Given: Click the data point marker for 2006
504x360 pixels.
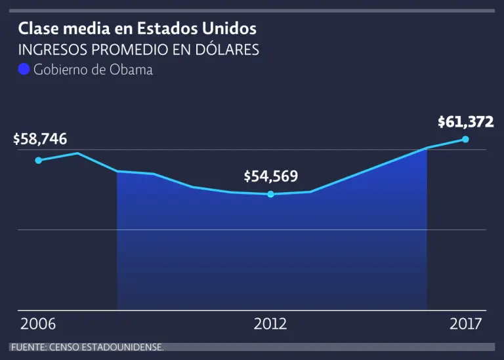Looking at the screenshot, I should [x=39, y=160].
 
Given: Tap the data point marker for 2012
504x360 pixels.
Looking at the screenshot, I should [x=270, y=194].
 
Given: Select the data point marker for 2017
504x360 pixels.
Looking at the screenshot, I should [x=465, y=139].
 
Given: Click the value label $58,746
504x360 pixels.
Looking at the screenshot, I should [x=40, y=139].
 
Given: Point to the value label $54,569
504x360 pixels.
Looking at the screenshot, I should [x=270, y=176].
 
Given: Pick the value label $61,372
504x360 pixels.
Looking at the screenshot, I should [x=465, y=121].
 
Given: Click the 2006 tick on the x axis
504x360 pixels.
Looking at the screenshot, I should [x=38, y=324].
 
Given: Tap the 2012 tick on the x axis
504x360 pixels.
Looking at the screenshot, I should [x=270, y=324].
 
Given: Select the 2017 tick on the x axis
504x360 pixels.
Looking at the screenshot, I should [x=465, y=324].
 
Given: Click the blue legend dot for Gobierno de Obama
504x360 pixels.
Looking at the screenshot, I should [x=24, y=70].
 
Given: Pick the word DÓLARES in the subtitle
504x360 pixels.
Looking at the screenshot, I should [x=225, y=50].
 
